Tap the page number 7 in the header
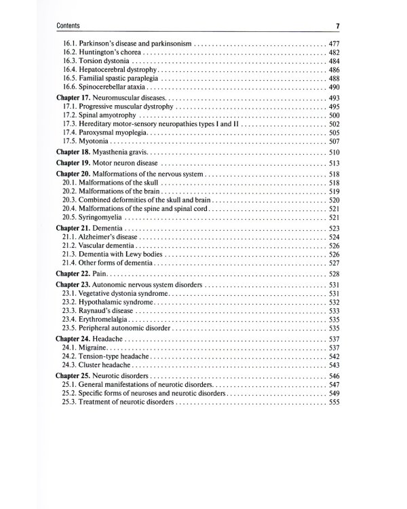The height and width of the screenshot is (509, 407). click(x=337, y=26)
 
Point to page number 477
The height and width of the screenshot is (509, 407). click(x=333, y=43)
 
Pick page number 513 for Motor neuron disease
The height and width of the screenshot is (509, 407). click(x=333, y=164)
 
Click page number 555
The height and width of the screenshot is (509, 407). click(x=333, y=402)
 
